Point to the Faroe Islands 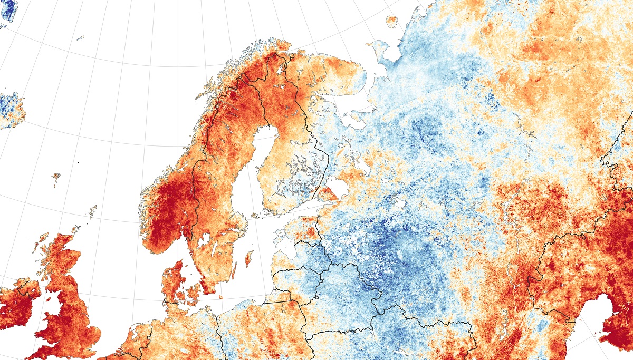(x=56, y=177)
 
